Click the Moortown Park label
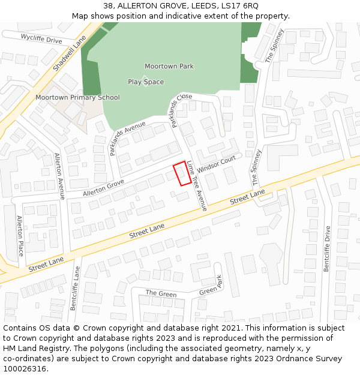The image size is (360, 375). click(169, 66)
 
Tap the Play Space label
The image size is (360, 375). click(145, 82)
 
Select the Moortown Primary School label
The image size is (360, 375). click(77, 97)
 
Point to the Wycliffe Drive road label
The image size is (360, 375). click(41, 39)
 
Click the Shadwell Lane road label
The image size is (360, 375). click(70, 53)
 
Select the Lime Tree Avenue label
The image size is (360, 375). click(197, 186)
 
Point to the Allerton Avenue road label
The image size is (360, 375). click(59, 176)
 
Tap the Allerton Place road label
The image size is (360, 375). click(20, 235)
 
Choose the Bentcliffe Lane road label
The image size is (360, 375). click(75, 288)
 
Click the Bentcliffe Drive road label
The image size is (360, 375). click(327, 248)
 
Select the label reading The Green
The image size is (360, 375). click(161, 293)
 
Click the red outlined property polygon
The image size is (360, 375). click(182, 173)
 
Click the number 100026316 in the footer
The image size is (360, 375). click(25, 368)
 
